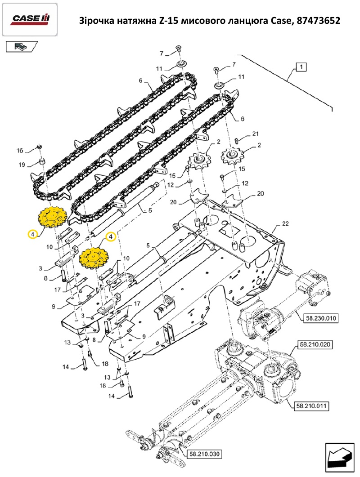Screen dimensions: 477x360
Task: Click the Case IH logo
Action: (30, 18)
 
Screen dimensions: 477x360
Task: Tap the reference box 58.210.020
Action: (313, 345)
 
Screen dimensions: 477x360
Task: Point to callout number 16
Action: (20, 150)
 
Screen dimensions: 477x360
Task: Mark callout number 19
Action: (22, 165)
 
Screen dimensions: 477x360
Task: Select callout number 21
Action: (255, 134)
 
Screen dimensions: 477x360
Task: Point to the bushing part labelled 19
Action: (42, 161)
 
